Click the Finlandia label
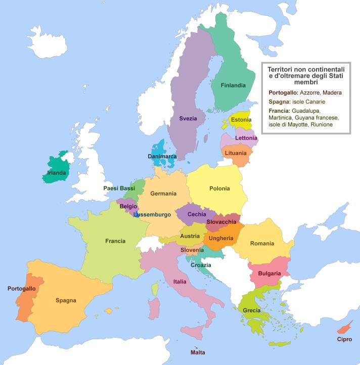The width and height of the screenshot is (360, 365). [233, 85]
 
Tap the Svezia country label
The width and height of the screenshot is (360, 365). [188, 118]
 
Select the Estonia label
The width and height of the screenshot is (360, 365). [241, 120]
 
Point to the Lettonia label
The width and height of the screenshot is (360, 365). [246, 138]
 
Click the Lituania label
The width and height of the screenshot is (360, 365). [236, 153]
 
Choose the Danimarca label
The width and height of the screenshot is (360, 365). [162, 157]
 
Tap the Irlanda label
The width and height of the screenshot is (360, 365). [56, 173]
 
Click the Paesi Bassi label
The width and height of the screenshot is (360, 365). [119, 188]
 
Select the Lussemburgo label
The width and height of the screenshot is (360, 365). [152, 214]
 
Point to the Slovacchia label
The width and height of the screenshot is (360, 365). [221, 222]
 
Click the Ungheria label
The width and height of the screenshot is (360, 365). [221, 238]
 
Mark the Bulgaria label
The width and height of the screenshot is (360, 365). [269, 273]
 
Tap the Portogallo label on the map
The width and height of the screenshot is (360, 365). [22, 289]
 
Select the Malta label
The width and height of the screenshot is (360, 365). [198, 352]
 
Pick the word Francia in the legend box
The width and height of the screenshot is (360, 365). [280, 110]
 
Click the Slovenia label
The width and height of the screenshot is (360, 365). [192, 250]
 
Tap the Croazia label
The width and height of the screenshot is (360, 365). [201, 265]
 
